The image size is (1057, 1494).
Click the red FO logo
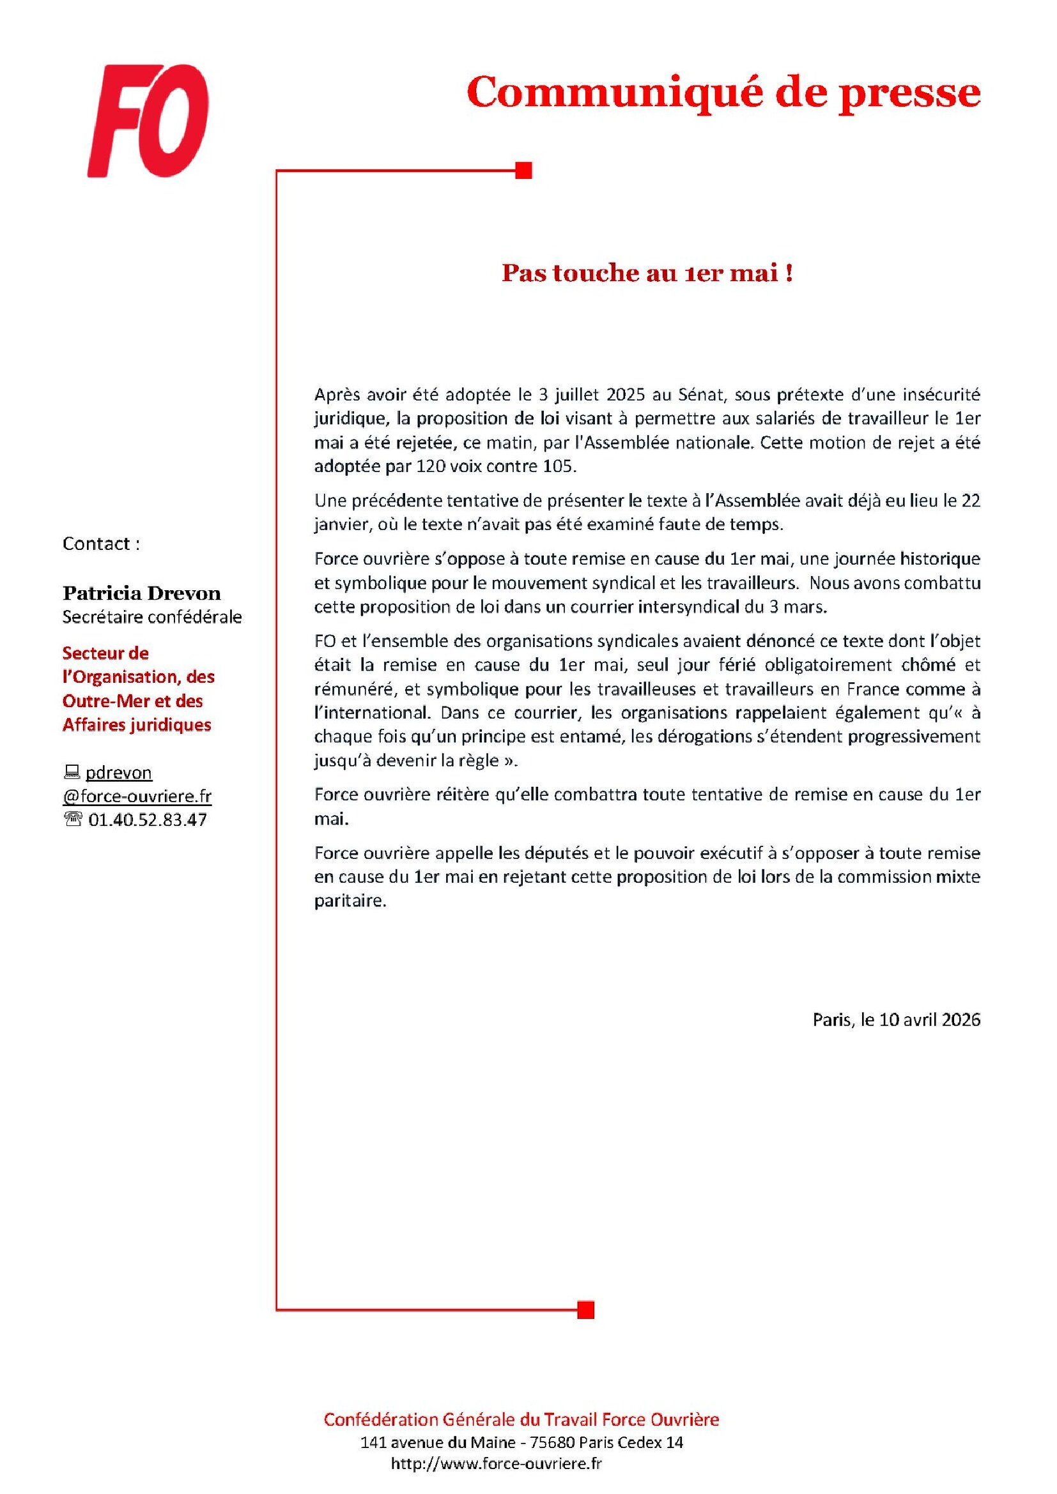(x=148, y=120)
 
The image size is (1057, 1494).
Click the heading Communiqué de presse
(x=723, y=93)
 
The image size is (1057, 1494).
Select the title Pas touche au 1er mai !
(x=647, y=273)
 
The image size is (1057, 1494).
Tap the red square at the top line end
(x=524, y=171)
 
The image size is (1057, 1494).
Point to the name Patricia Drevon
(x=141, y=593)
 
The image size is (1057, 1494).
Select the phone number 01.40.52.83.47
(x=147, y=820)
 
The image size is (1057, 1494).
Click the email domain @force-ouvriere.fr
(x=137, y=796)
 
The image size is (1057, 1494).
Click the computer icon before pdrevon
(x=72, y=772)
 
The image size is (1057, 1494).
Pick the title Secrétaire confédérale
(x=151, y=617)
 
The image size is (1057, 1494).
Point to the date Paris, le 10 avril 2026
(x=896, y=1019)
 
